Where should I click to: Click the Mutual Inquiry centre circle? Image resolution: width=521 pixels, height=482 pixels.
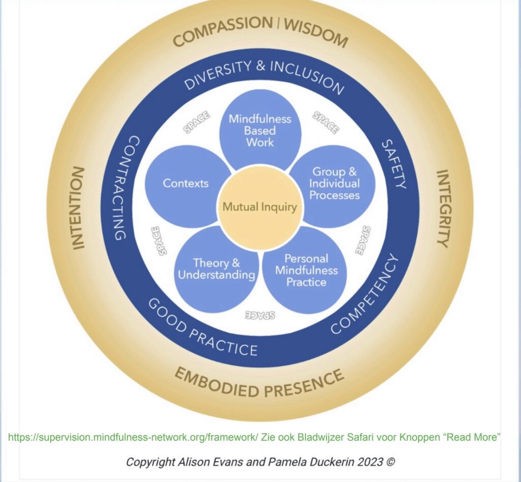coord(260,206)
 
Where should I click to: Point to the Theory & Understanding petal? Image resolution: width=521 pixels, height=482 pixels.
coord(216,270)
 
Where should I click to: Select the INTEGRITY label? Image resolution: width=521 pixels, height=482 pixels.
coord(445,208)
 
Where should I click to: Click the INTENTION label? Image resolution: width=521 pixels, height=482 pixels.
coord(78,208)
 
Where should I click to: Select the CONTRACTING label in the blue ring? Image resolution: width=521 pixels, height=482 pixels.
coord(124,188)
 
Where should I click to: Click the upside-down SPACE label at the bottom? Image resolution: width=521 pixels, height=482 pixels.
coord(260,315)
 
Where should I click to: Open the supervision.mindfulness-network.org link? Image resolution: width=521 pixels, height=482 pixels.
coord(133,437)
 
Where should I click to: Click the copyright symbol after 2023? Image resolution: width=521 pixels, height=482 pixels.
coord(391,462)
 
